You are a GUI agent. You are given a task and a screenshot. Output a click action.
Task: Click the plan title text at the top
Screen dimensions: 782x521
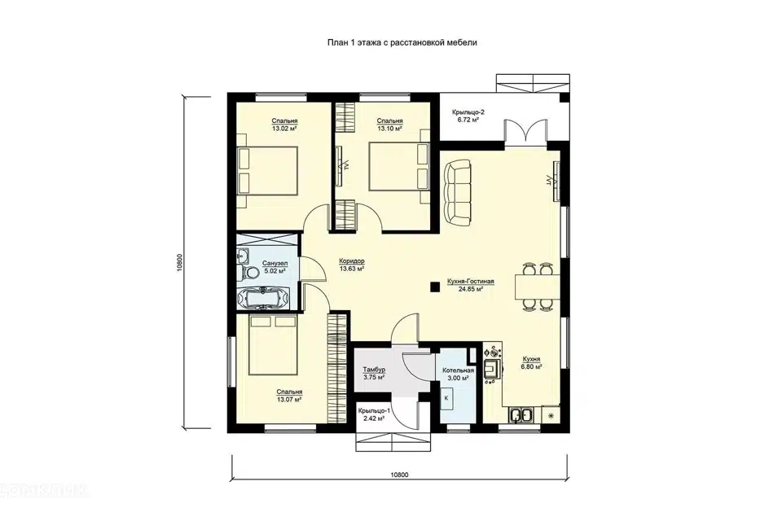(x=402, y=43)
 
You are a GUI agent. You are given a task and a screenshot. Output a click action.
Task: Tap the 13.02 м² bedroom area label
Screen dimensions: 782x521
(x=285, y=125)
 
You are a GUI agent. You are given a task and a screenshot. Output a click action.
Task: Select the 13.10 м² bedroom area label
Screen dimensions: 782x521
(x=390, y=125)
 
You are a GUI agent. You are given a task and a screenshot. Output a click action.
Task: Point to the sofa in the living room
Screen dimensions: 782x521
(x=457, y=192)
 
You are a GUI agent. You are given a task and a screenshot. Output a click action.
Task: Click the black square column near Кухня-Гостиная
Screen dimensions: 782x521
(x=435, y=287)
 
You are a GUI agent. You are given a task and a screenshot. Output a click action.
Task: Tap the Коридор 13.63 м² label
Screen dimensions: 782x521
(x=352, y=265)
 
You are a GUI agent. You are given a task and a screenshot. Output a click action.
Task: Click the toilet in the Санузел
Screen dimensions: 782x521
(x=249, y=272)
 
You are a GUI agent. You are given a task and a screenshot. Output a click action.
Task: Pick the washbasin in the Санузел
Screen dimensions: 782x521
(x=244, y=256)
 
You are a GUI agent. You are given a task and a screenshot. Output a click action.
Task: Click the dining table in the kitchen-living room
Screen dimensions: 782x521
(x=538, y=287)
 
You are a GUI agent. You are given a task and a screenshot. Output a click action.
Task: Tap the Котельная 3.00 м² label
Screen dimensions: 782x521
(x=459, y=374)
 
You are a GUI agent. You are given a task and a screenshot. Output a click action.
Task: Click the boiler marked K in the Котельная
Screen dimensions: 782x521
(x=446, y=398)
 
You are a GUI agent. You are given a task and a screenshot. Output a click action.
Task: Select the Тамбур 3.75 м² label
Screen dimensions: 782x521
(x=374, y=374)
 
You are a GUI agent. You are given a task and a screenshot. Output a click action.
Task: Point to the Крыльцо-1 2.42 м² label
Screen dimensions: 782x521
(x=374, y=415)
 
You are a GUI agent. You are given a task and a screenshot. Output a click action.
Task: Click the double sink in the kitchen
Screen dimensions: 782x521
(x=521, y=415)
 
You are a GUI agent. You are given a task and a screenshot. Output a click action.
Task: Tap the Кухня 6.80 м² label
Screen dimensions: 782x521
(x=531, y=362)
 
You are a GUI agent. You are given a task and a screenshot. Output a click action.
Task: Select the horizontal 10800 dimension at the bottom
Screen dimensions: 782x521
(x=399, y=475)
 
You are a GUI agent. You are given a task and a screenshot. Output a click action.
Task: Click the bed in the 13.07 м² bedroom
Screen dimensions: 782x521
(x=274, y=345)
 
